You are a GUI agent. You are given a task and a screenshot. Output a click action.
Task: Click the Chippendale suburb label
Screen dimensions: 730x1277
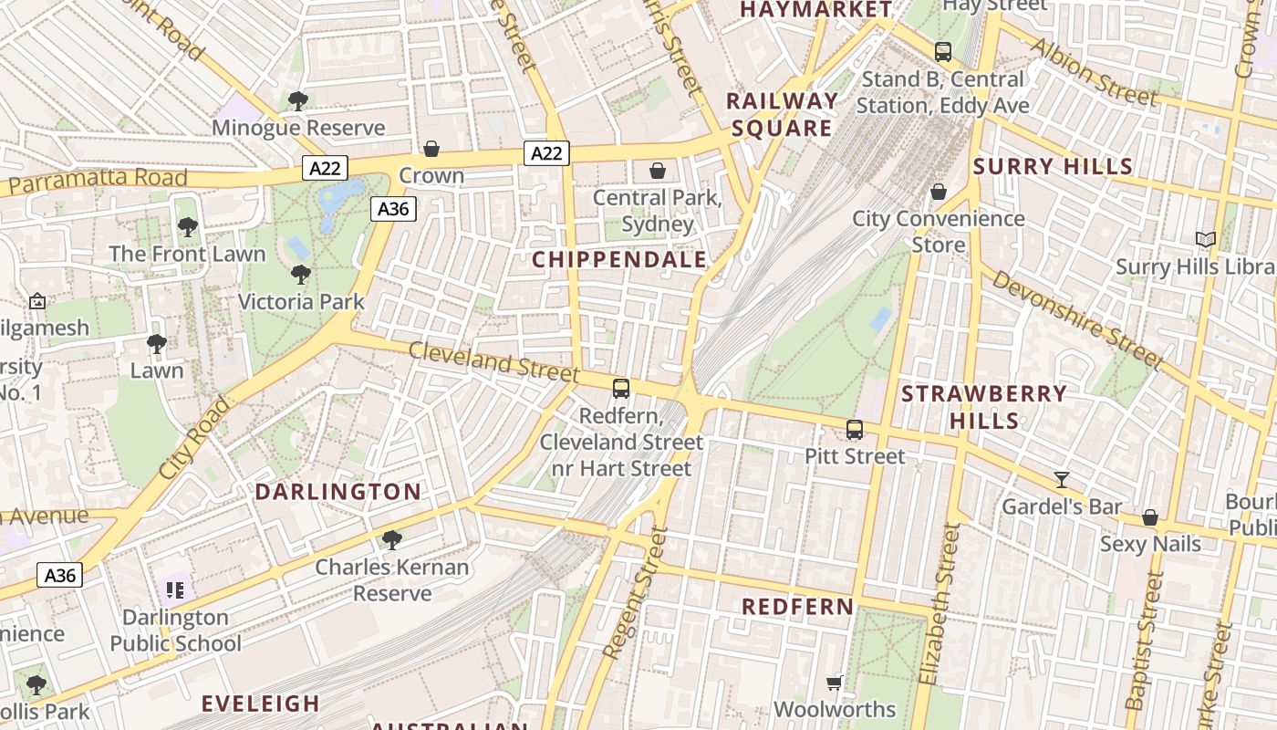tap(619, 260)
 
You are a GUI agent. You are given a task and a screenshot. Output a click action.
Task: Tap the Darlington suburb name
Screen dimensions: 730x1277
tap(337, 493)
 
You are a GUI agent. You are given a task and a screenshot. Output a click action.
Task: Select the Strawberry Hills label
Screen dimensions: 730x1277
tap(984, 407)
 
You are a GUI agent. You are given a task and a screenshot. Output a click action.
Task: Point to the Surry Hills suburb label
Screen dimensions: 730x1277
tap(1053, 167)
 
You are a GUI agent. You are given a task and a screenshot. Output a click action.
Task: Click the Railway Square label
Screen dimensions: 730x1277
tap(782, 114)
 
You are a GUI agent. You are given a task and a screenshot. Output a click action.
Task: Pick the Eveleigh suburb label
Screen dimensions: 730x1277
tap(261, 704)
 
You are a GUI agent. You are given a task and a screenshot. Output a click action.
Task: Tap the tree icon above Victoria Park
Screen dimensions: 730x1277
tap(300, 275)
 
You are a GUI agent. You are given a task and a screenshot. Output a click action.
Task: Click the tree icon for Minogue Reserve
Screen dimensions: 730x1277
tap(297, 101)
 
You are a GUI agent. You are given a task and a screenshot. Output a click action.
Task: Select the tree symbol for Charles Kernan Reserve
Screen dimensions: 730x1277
tap(392, 540)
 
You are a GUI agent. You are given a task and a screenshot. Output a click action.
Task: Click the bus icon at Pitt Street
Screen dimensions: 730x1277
tap(855, 430)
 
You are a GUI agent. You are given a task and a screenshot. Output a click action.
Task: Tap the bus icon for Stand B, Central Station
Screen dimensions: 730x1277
tap(943, 52)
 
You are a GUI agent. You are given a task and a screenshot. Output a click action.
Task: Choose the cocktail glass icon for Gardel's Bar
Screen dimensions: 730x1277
tap(1061, 480)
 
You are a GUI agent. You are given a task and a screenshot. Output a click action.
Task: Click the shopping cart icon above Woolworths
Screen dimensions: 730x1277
tap(834, 683)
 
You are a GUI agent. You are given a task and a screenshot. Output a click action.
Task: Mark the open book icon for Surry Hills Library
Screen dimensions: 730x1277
tap(1206, 240)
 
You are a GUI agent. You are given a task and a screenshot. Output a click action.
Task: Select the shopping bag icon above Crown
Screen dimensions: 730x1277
tap(431, 149)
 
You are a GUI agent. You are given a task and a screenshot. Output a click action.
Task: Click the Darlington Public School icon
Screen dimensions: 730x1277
tap(174, 590)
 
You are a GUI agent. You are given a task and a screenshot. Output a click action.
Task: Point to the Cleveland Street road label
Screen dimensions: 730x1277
tap(493, 361)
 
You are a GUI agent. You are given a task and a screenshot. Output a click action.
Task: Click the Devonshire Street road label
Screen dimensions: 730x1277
tap(1077, 320)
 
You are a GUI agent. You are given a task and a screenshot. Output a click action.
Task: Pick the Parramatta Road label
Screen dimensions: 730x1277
tap(98, 180)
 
